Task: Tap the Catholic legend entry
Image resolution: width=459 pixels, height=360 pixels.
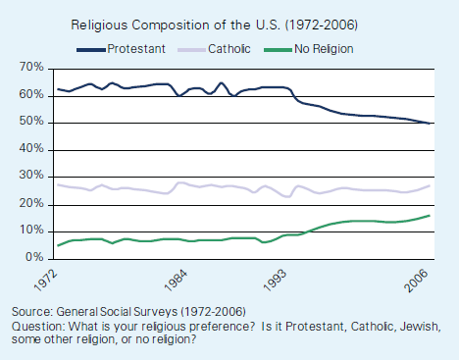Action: point(229,47)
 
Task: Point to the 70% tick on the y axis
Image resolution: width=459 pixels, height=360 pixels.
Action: point(30,68)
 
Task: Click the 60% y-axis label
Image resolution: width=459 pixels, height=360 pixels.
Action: point(30,95)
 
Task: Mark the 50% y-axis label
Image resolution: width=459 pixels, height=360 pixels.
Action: point(30,123)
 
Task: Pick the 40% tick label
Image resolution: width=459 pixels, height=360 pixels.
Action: point(30,149)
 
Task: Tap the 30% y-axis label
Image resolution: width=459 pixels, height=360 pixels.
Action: point(30,177)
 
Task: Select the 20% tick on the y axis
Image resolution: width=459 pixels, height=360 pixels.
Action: point(30,203)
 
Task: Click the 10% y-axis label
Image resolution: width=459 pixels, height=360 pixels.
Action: point(30,231)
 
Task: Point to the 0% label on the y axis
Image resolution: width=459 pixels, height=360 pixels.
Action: point(33,257)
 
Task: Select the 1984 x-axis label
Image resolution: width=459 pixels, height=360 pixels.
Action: point(178,278)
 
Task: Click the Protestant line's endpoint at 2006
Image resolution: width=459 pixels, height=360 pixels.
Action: point(429,123)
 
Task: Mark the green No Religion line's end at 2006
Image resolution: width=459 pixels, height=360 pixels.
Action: point(429,215)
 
